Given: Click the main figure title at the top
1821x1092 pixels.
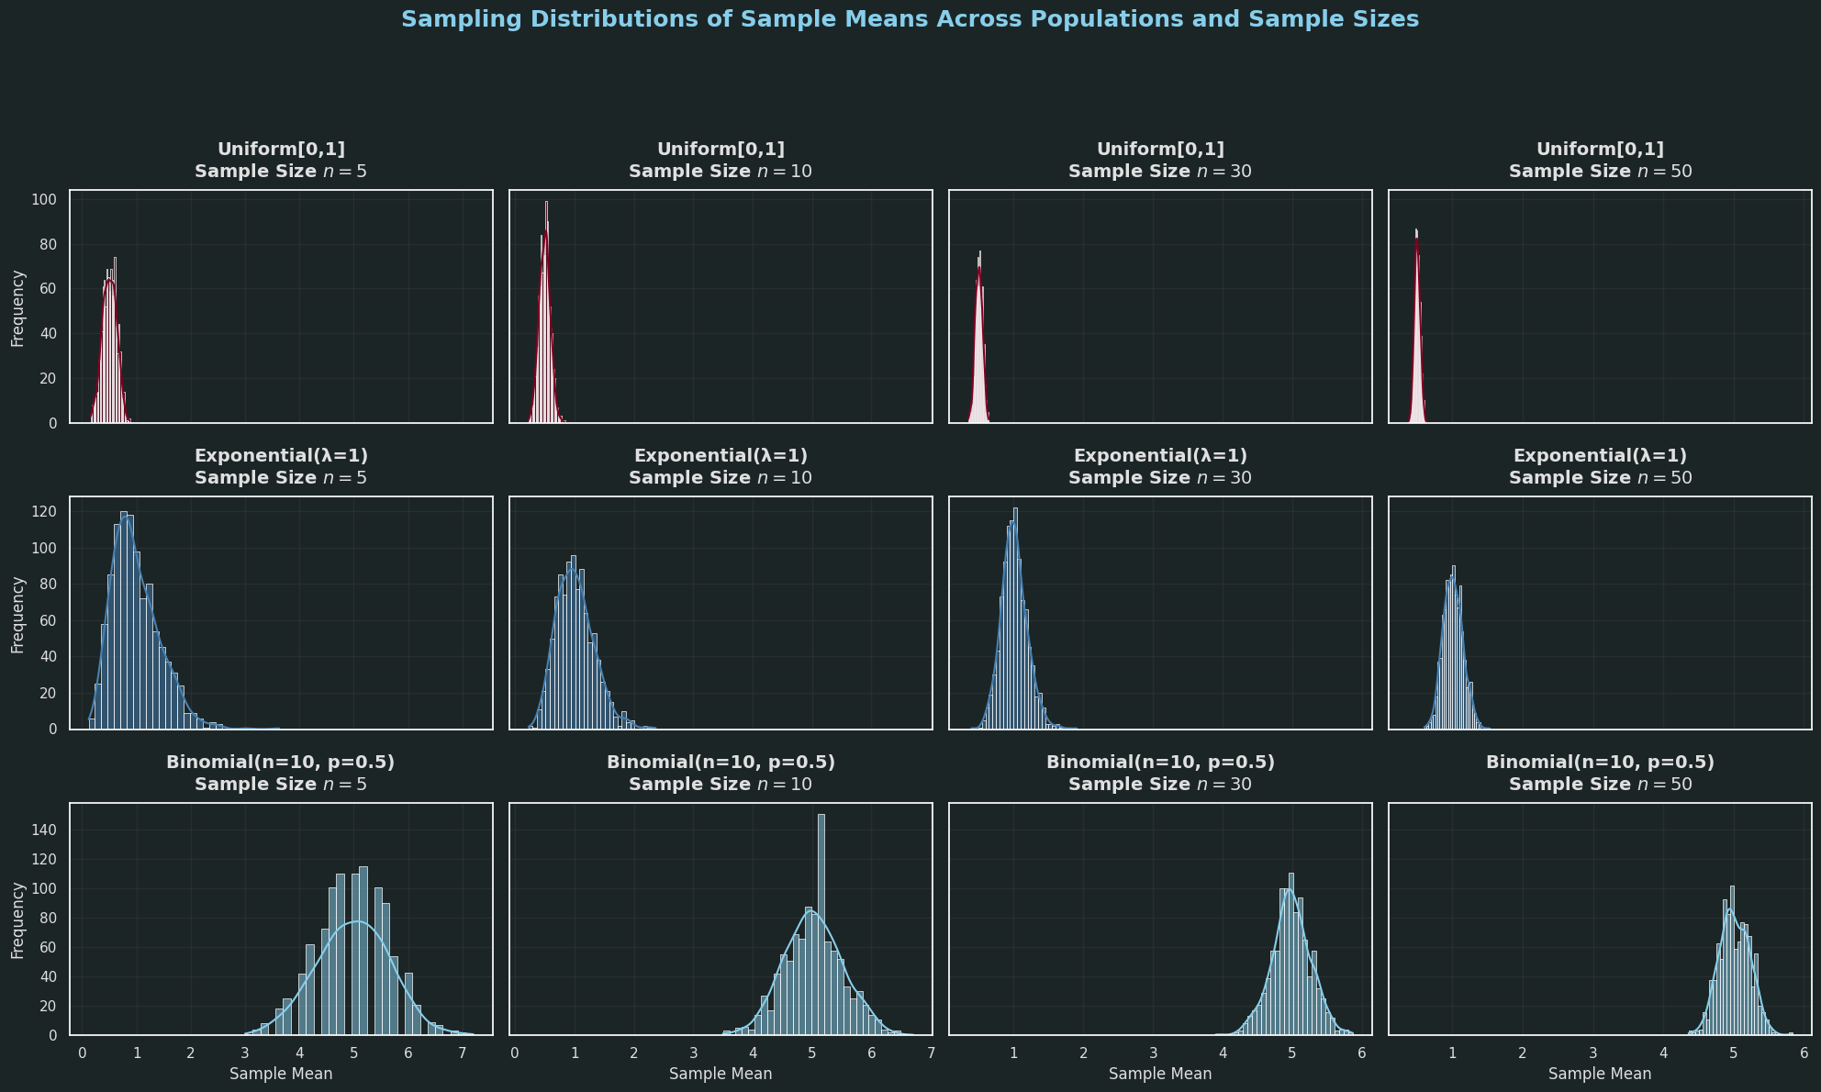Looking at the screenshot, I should tap(910, 19).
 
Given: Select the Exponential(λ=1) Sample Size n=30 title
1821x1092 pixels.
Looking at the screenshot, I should tap(1160, 466).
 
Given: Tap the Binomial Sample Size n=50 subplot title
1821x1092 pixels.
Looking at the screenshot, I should tap(1600, 773).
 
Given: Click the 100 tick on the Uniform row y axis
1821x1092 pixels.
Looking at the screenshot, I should tap(44, 199).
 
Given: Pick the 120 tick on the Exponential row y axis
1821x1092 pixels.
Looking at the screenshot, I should tap(44, 511).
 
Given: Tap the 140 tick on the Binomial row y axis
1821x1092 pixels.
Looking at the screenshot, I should tap(44, 830).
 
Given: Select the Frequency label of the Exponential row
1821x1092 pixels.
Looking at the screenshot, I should tap(17, 614).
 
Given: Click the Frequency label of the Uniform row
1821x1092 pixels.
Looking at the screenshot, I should tap(17, 307).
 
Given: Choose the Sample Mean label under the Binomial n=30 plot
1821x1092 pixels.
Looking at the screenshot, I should tap(1160, 1074).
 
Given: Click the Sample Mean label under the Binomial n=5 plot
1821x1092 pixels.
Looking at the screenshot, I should tap(281, 1074).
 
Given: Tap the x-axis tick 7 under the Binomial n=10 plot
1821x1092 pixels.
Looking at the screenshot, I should tap(931, 1053).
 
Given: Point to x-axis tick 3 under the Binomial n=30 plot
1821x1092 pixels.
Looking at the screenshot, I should tap(1153, 1053).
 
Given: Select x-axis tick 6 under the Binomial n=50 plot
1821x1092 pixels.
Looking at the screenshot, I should tap(1804, 1053).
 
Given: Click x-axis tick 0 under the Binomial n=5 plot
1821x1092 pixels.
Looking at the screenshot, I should tap(83, 1053).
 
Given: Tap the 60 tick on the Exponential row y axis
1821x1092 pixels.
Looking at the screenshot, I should tap(47, 620).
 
